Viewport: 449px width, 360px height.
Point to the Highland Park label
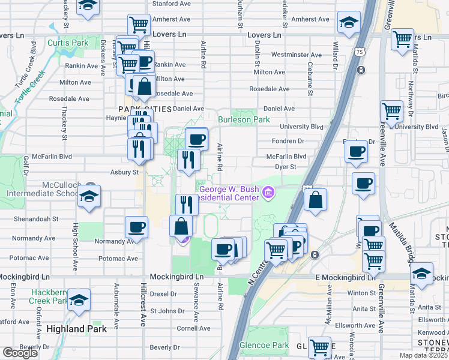(77, 329)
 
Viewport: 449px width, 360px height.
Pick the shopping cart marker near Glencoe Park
(320, 346)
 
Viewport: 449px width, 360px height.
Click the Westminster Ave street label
(296, 55)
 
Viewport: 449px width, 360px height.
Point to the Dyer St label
(285, 167)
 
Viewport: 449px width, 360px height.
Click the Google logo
(20, 353)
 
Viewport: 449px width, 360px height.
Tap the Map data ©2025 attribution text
(423, 355)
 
